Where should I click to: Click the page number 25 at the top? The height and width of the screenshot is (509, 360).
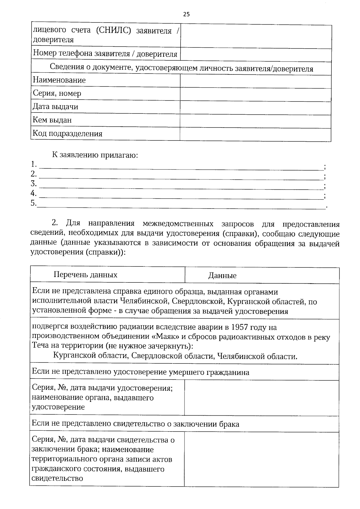pyautogui.click(x=186, y=14)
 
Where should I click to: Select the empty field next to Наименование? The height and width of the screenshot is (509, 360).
pyautogui.click(x=256, y=81)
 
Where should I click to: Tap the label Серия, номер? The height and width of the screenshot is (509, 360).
pyautogui.click(x=57, y=93)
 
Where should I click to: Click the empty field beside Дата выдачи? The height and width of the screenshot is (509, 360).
pyautogui.click(x=256, y=107)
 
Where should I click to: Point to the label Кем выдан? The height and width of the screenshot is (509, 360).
pyautogui.click(x=52, y=120)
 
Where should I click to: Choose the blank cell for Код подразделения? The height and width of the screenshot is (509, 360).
pyautogui.click(x=256, y=134)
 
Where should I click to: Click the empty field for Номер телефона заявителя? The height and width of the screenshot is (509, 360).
pyautogui.click(x=256, y=55)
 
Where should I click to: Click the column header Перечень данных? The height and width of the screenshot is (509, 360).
pyautogui.click(x=85, y=275)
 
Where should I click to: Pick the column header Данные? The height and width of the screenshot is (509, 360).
pyautogui.click(x=222, y=276)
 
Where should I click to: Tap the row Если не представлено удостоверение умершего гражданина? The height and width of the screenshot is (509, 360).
pyautogui.click(x=140, y=372)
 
